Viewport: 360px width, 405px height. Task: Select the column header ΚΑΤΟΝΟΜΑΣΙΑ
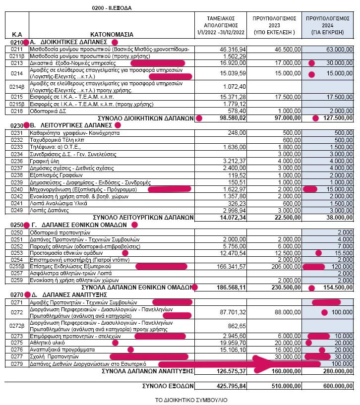[x=112, y=35]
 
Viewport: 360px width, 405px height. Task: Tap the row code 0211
[x=17, y=50]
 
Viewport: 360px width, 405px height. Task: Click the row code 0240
[x=17, y=189]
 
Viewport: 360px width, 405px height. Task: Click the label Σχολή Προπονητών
[x=55, y=356]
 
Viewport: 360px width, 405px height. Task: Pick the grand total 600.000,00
[x=335, y=384]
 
